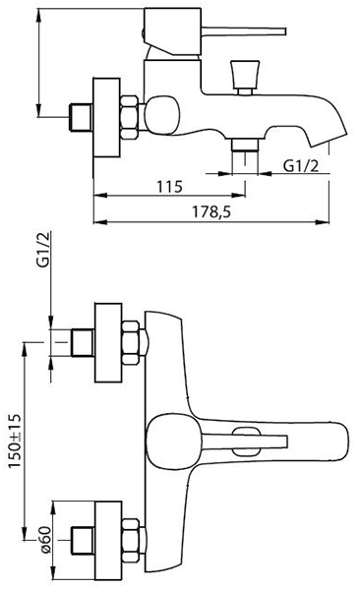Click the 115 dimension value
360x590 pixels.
click(169, 187)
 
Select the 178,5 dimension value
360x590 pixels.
click(211, 212)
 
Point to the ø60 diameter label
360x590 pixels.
click(45, 539)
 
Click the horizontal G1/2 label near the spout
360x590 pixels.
click(300, 165)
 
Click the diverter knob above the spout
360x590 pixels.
click(244, 77)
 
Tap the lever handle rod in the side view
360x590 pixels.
click(243, 30)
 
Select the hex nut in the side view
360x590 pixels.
click(129, 117)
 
